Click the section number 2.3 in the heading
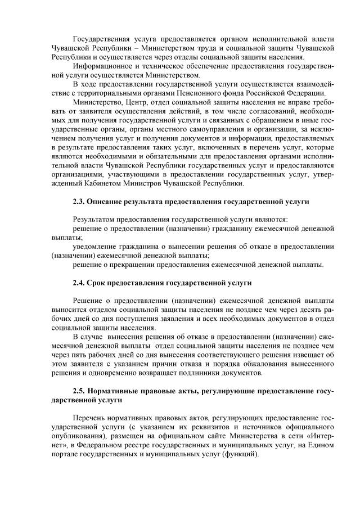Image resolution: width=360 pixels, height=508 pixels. pyautogui.click(x=79, y=201)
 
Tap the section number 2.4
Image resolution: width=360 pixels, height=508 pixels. pyautogui.click(x=79, y=282)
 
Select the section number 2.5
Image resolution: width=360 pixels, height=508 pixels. pyautogui.click(x=79, y=391)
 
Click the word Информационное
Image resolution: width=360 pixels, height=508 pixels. pyautogui.click(x=101, y=66)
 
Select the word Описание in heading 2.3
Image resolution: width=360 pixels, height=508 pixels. pyautogui.click(x=106, y=201)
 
